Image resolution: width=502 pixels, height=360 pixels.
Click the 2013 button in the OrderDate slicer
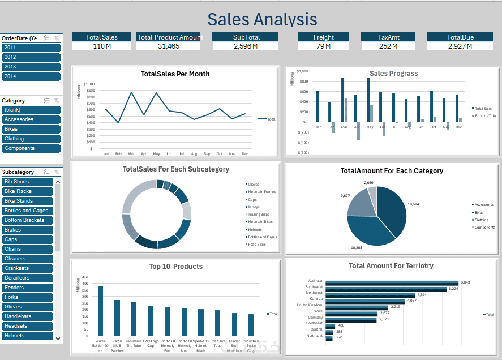31,67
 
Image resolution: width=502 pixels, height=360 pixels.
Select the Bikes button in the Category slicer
31,129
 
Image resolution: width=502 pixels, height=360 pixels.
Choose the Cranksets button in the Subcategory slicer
27,268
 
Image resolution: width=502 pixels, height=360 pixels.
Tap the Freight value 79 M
324,46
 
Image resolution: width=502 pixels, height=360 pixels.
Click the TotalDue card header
460,37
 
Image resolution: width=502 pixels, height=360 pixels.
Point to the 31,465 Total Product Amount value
169,46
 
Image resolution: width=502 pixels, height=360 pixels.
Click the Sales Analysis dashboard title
262,19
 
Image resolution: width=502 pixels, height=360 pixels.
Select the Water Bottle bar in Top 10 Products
101,311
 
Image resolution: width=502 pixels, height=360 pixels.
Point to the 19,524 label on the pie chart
414,204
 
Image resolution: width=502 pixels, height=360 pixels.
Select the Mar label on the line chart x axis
131,154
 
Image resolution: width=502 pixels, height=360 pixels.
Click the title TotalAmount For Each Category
392,170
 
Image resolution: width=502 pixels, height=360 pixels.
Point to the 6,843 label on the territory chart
465,282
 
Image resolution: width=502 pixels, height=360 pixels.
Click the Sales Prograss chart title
393,74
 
